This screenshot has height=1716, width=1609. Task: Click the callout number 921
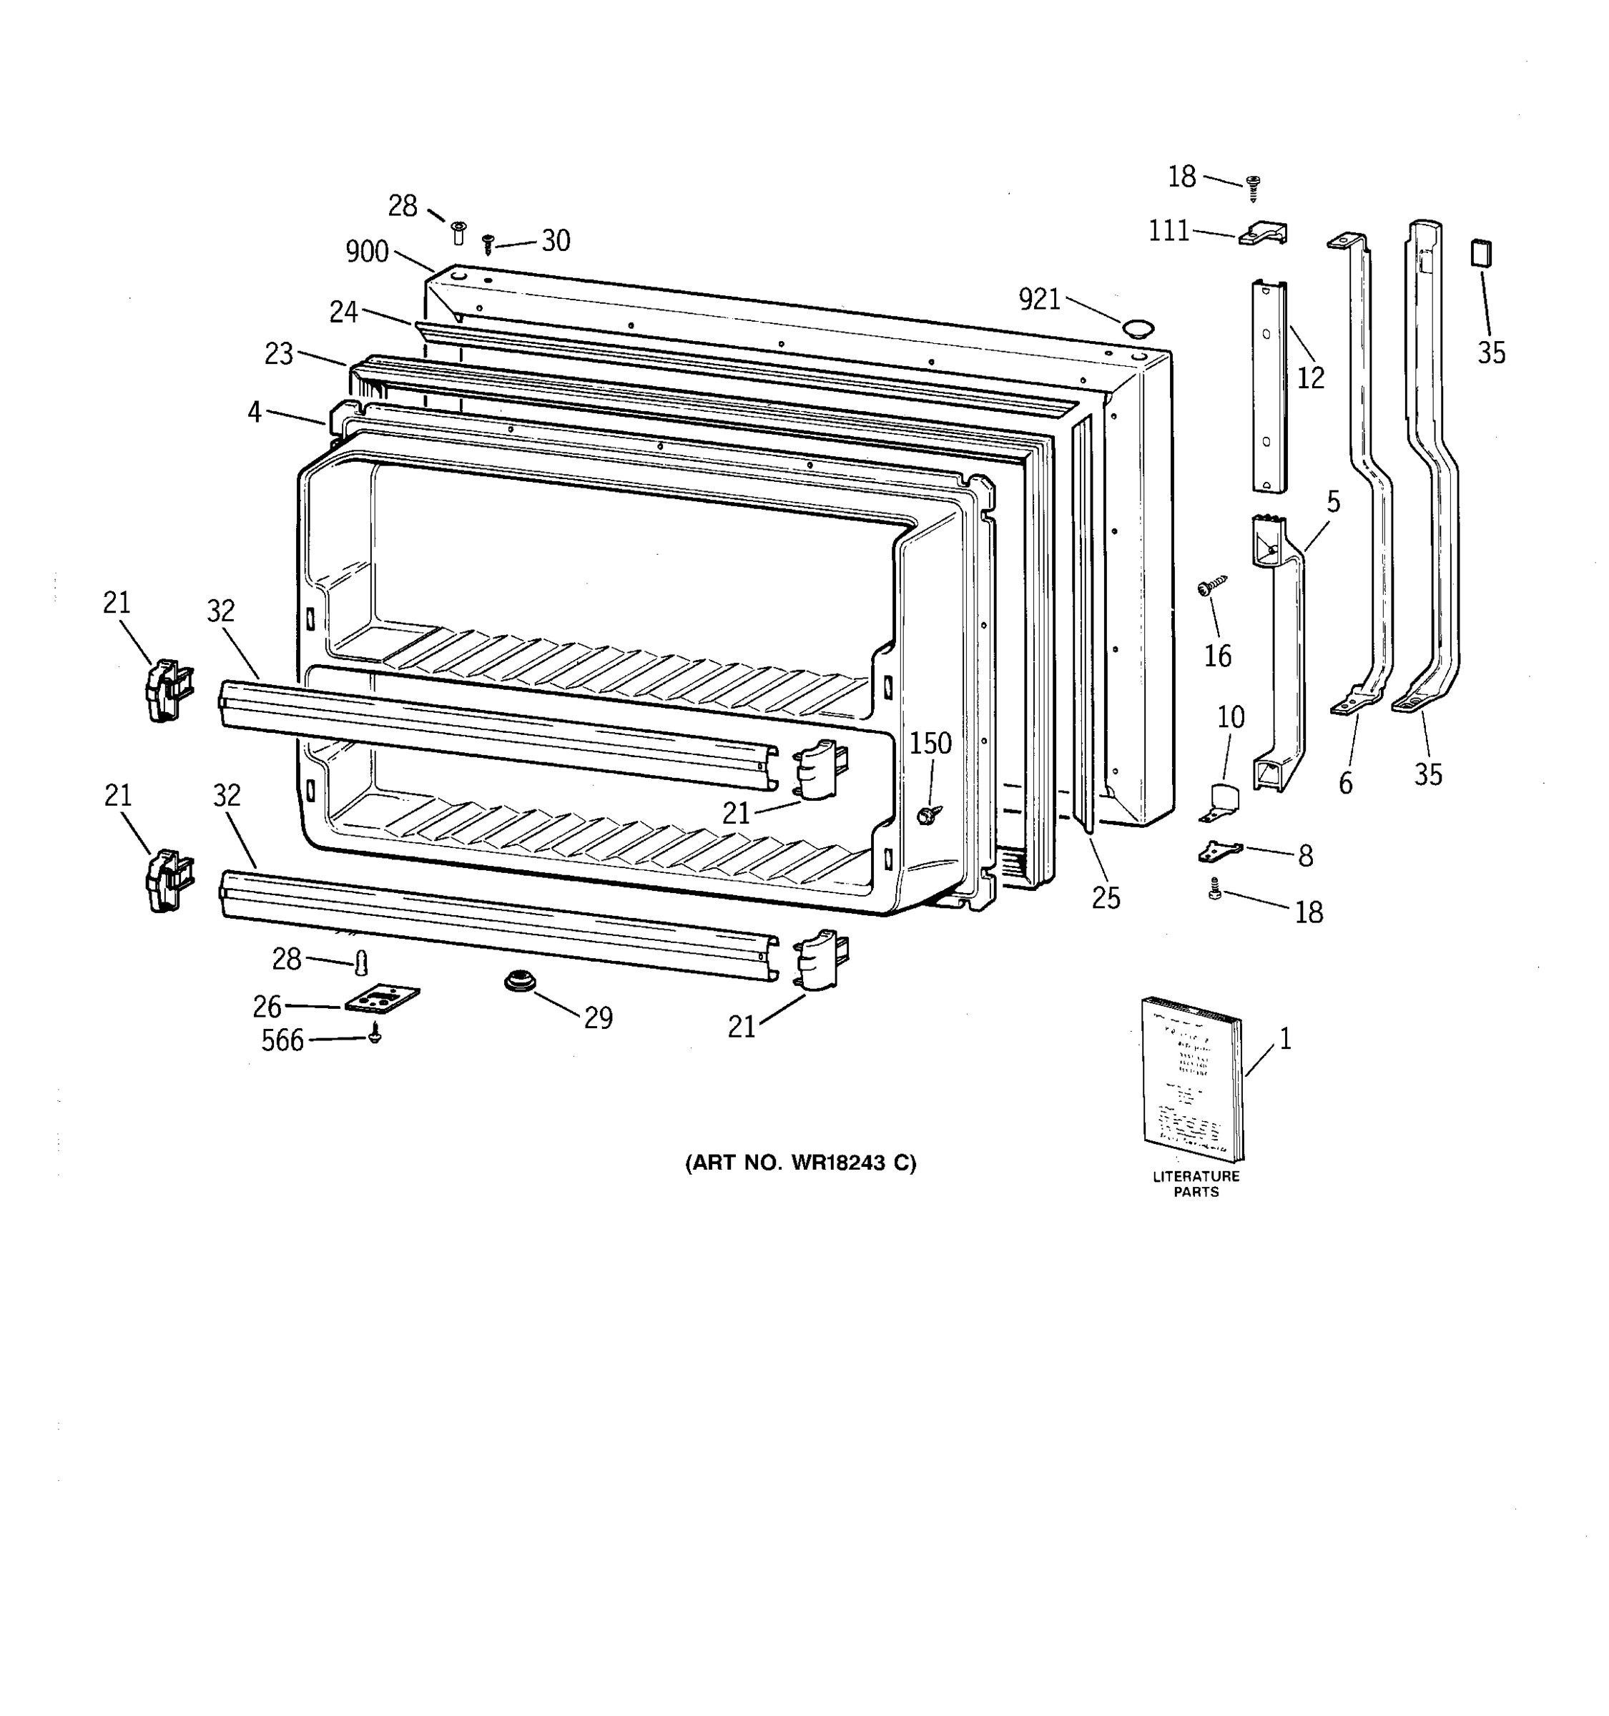(x=1039, y=300)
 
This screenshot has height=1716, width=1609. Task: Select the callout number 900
(x=367, y=251)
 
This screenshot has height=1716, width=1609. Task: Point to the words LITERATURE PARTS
(x=1196, y=1183)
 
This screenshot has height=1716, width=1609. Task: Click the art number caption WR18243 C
(x=800, y=1163)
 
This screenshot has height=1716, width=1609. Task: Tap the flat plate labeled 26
(x=382, y=999)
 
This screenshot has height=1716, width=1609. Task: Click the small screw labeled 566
(x=375, y=1033)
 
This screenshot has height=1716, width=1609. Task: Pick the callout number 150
(x=930, y=743)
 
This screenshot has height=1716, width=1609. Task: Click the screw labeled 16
(x=1211, y=586)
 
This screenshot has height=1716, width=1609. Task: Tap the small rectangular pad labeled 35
(x=1481, y=254)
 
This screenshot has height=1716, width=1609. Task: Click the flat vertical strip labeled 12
(x=1269, y=387)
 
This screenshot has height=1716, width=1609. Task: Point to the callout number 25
(x=1106, y=899)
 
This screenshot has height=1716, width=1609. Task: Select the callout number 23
(x=279, y=354)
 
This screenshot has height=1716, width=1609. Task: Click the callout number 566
(x=282, y=1040)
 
